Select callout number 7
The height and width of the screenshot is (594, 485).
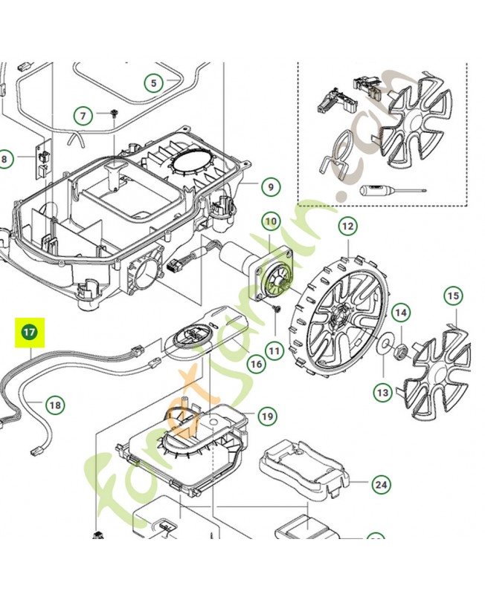[x=83, y=115]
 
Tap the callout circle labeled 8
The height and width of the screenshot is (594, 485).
[x=6, y=159]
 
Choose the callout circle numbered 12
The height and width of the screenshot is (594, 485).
[x=347, y=225]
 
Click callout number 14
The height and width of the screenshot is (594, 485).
[x=400, y=313]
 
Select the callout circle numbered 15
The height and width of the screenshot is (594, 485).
[x=453, y=296]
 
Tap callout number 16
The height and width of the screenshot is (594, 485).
[x=257, y=365]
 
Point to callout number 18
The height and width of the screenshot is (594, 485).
[x=54, y=405]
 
